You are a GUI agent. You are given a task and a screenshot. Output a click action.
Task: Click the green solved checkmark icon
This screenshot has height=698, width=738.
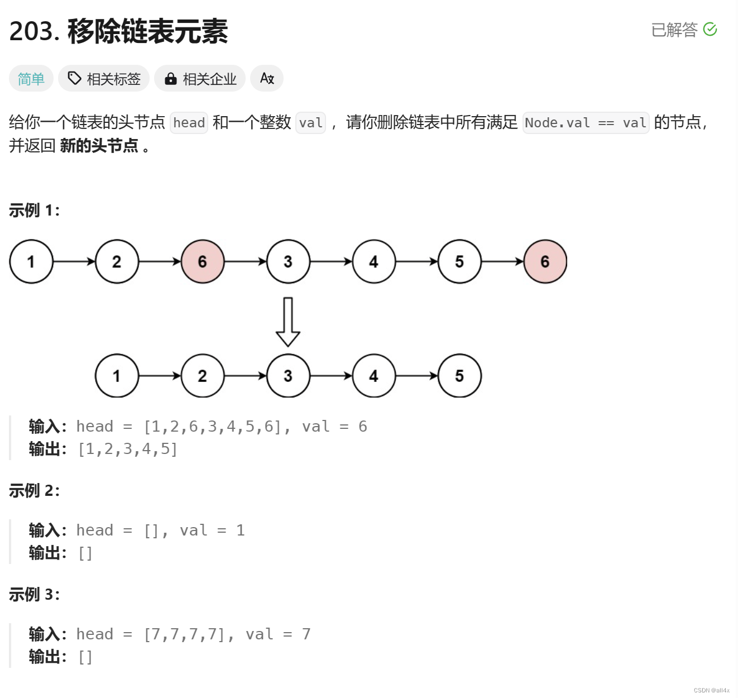[710, 29]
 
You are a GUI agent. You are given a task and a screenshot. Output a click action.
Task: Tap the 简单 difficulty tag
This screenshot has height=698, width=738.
[31, 79]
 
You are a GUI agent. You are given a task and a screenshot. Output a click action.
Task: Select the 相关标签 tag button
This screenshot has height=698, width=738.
[104, 79]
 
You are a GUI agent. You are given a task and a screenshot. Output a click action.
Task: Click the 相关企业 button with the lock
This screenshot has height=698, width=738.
[200, 79]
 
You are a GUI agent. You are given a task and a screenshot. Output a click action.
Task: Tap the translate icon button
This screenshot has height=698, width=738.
[267, 79]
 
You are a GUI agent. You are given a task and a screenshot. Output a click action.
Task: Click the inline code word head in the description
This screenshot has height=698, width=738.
[189, 123]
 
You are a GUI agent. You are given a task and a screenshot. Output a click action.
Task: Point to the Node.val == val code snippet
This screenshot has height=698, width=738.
[586, 123]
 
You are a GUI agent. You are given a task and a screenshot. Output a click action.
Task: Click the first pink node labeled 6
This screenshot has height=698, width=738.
[203, 261]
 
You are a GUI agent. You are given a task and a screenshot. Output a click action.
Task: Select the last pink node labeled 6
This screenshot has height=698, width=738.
[545, 261]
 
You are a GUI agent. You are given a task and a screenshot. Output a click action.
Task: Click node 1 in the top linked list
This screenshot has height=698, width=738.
[31, 261]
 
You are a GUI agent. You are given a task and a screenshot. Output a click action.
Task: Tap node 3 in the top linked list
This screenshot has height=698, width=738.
[288, 261]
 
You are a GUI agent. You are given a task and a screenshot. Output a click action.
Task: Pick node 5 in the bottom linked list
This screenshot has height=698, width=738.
[459, 376]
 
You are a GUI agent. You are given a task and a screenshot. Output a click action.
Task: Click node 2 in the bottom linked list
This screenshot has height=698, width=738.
[203, 376]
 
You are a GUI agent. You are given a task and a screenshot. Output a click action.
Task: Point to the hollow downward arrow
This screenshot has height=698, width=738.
[288, 322]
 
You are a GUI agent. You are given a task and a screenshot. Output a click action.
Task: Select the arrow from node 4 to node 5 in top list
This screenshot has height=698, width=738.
[416, 261]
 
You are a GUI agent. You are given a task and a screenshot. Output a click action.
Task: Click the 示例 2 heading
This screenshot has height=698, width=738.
[34, 491]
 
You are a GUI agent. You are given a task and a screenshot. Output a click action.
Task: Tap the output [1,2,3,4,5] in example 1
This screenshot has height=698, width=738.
[128, 449]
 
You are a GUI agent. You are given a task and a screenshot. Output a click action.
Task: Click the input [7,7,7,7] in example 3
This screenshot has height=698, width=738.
[185, 634]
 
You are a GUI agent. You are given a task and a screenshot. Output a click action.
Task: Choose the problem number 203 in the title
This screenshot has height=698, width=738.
[33, 31]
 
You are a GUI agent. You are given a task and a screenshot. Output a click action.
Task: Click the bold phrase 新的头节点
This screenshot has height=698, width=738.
[99, 146]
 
